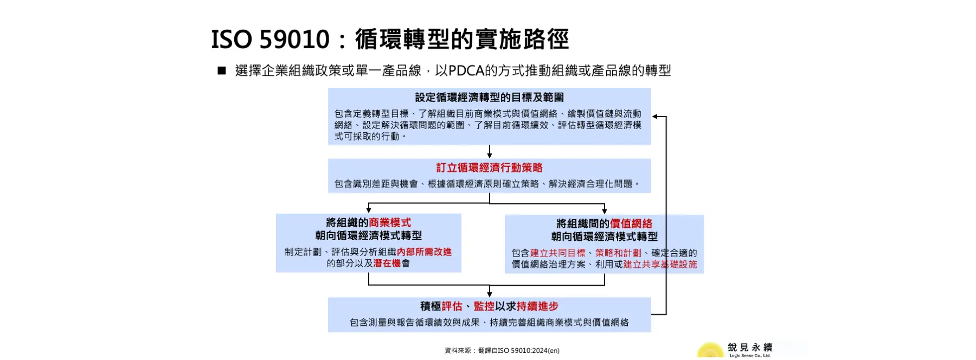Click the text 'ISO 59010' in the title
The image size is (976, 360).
click(270, 40)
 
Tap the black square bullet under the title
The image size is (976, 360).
click(221, 70)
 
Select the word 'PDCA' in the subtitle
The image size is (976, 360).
click(466, 70)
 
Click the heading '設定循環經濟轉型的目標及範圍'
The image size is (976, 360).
click(489, 98)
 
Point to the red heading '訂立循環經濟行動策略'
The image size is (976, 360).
click(489, 168)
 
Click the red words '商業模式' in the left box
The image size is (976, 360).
click(390, 223)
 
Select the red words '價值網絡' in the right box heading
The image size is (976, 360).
click(631, 224)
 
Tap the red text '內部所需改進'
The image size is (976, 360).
click(424, 252)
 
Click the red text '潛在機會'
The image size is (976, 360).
click(387, 263)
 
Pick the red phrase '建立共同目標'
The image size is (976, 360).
click(557, 253)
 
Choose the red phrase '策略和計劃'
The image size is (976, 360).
click(618, 253)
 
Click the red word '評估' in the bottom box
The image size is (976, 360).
click(452, 307)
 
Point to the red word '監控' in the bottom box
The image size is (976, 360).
click(484, 307)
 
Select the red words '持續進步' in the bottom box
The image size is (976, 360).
click(537, 307)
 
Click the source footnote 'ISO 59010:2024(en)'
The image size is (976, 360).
click(528, 351)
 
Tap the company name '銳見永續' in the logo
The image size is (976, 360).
click(750, 348)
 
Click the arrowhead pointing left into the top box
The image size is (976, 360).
click(655, 117)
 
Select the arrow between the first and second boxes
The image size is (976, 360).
click(490, 152)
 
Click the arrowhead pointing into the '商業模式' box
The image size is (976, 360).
click(369, 210)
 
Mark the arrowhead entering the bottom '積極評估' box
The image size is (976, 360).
click(490, 294)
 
